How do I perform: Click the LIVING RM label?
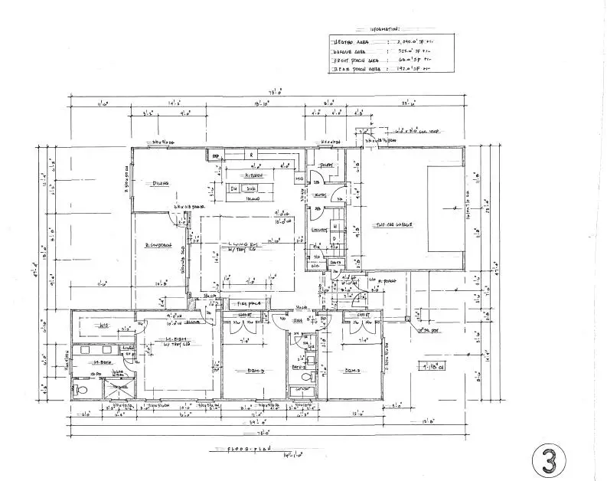point(243,243)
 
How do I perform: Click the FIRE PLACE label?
point(243,305)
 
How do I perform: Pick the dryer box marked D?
point(335,239)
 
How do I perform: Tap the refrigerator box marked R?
point(250,154)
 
